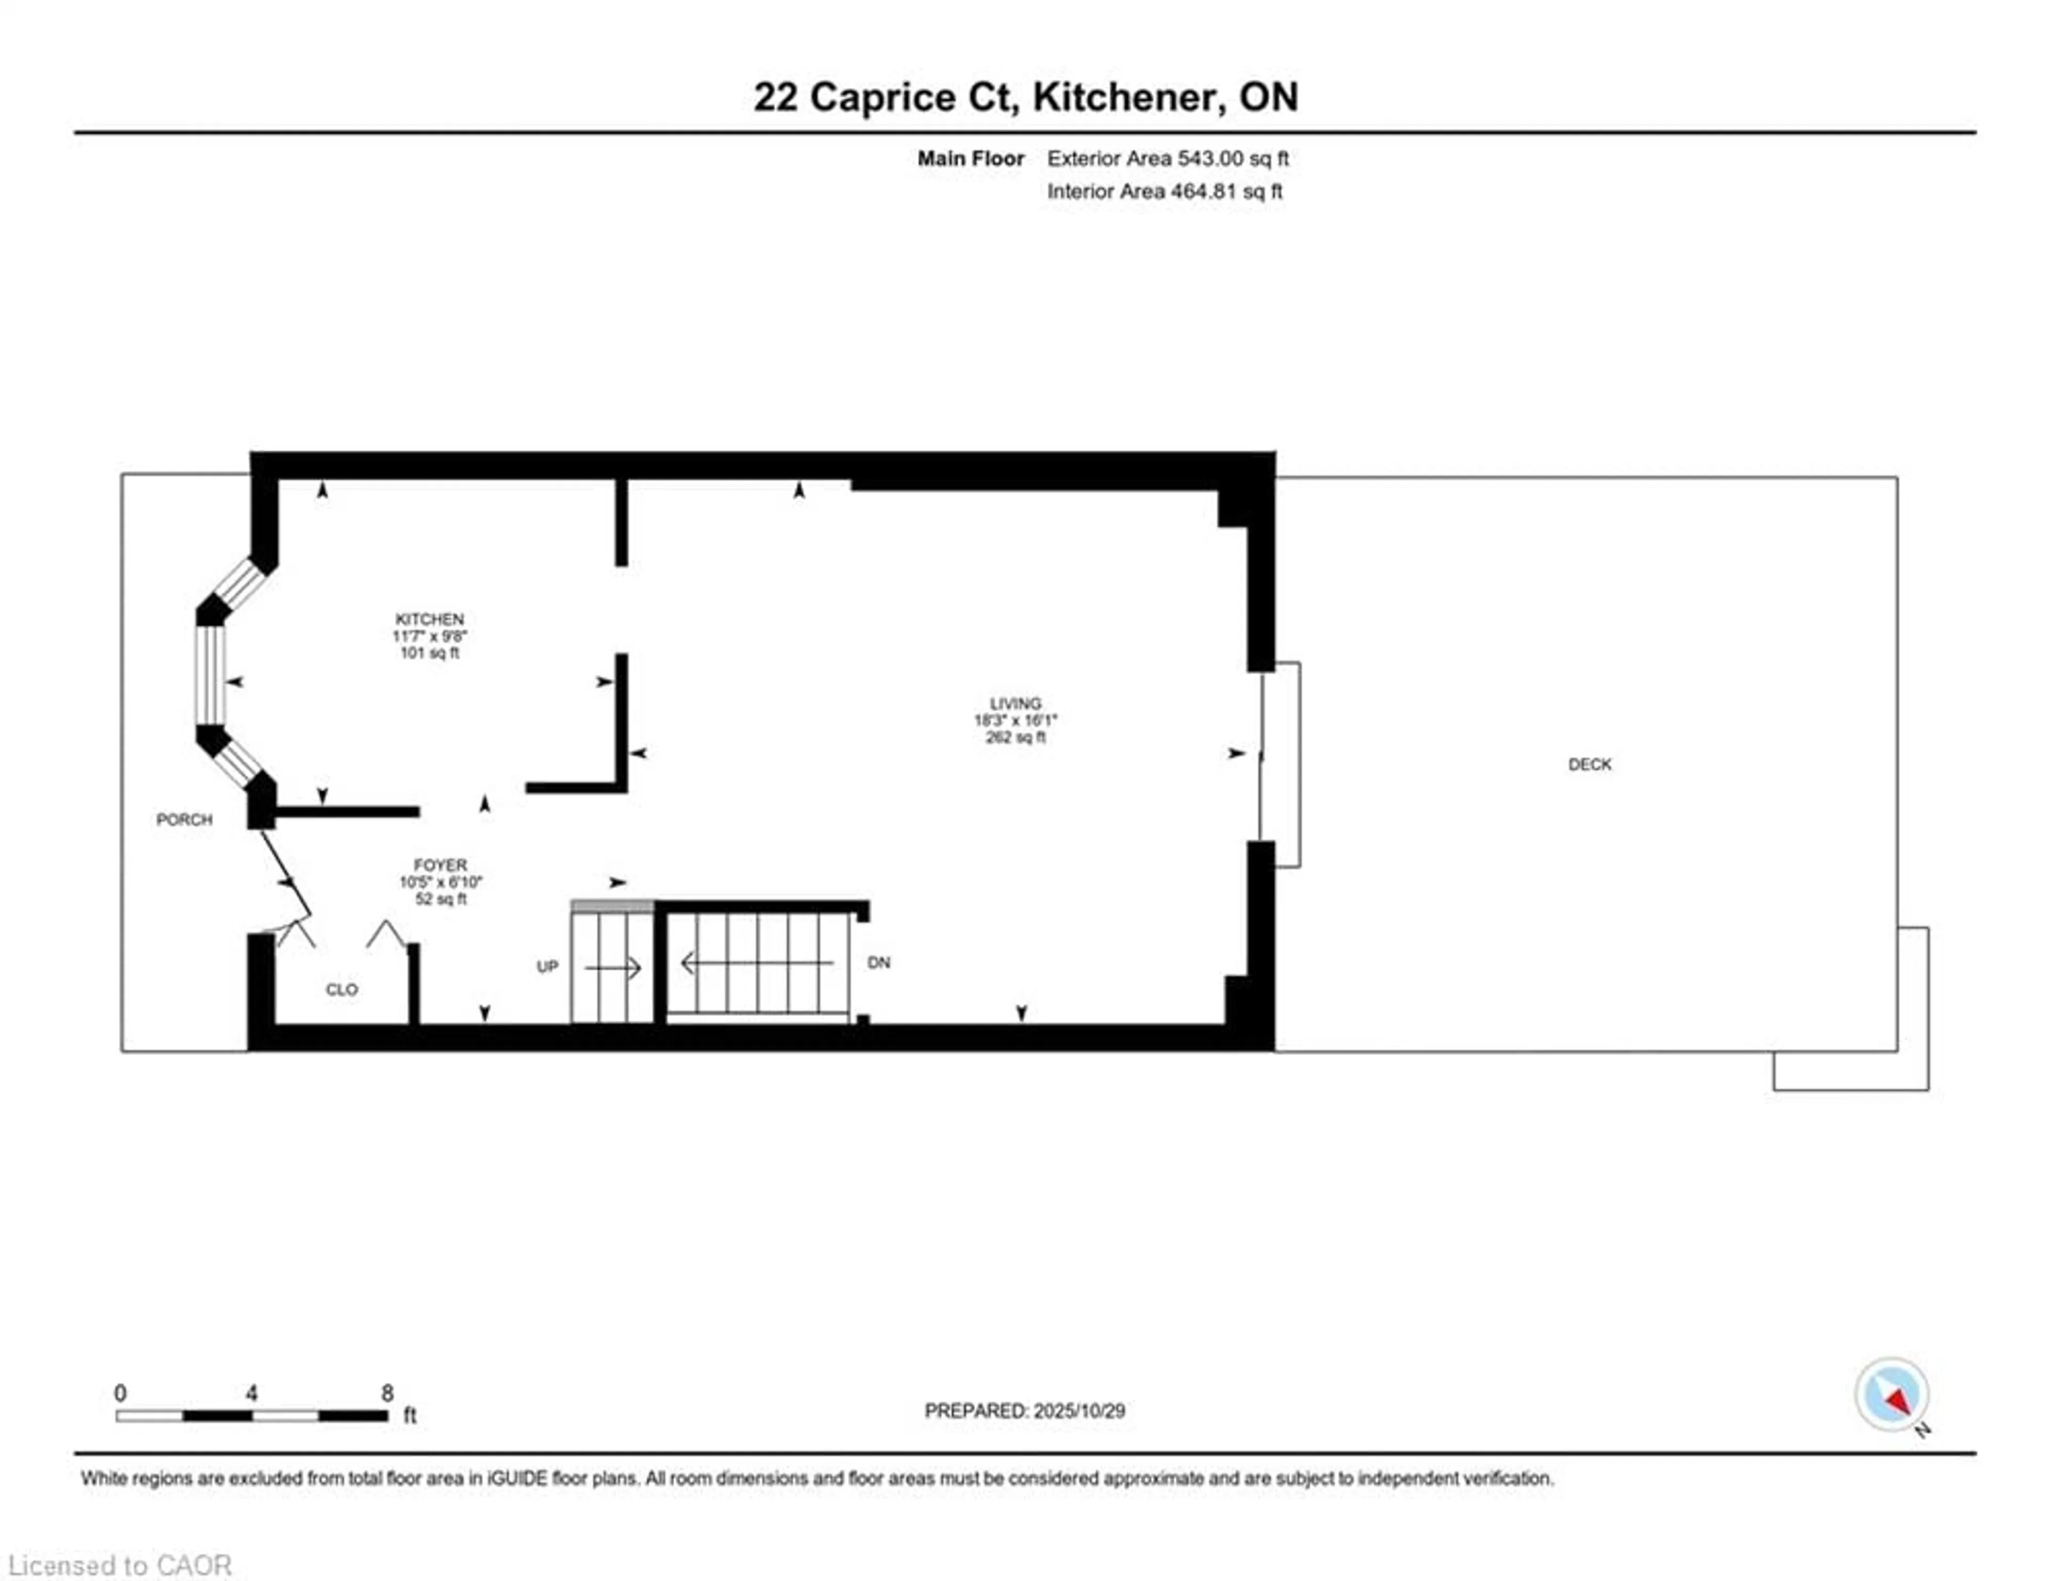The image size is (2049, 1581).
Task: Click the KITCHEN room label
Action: [429, 619]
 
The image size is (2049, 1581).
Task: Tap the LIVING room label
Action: [1015, 704]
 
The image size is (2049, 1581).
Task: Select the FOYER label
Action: [440, 865]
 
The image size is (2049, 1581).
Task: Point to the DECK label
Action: [1589, 764]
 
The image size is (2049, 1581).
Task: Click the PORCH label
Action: [184, 819]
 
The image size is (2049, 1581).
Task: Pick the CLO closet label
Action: [341, 989]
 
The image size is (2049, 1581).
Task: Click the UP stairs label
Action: [547, 967]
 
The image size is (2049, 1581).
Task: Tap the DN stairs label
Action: [878, 963]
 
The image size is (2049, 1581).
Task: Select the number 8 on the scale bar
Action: [386, 1393]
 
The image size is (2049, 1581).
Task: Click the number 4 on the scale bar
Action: [251, 1393]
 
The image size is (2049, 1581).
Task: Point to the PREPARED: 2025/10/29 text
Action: [1024, 1410]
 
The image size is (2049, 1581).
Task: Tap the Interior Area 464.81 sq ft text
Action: [1164, 191]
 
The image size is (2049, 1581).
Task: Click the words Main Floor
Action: [970, 158]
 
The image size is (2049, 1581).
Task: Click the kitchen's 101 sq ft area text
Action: [430, 653]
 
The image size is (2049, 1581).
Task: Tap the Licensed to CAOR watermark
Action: [119, 1565]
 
